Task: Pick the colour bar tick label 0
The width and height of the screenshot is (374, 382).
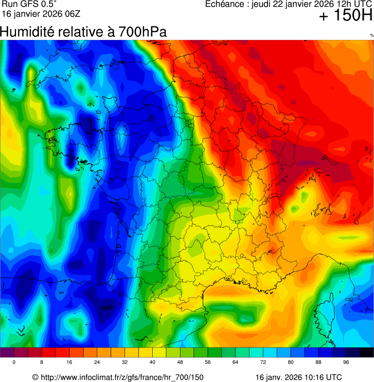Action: (x=14, y=363)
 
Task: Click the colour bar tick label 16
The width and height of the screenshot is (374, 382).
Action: (x=70, y=363)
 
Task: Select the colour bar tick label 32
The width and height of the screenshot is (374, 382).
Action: (x=125, y=363)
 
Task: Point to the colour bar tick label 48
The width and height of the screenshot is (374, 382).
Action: (x=180, y=363)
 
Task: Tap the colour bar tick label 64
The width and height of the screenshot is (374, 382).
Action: (x=235, y=363)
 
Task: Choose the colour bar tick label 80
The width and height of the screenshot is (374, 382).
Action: (x=291, y=363)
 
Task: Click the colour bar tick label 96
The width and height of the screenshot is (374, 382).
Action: (x=346, y=363)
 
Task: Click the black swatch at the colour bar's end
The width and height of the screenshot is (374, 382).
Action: (x=367, y=353)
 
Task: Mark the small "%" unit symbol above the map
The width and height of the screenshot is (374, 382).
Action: (x=372, y=35)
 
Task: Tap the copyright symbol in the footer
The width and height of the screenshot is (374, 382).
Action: (x=35, y=377)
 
